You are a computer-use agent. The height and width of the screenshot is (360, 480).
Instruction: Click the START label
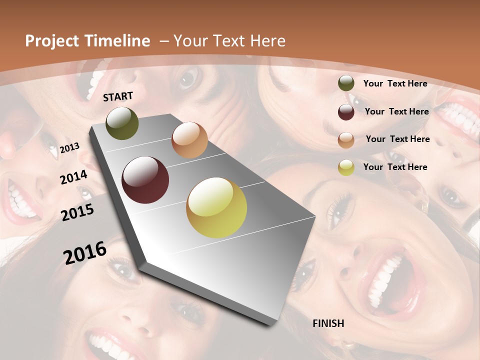[x=118, y=96]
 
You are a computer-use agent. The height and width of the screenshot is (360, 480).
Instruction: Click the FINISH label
[x=328, y=323]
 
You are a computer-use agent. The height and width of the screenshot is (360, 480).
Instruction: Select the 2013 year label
[x=69, y=148]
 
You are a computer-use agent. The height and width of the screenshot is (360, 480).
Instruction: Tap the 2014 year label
[x=73, y=177]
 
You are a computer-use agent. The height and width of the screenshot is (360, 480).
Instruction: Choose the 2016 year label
[x=84, y=253]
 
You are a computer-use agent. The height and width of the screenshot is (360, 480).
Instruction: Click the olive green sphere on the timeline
[x=122, y=123]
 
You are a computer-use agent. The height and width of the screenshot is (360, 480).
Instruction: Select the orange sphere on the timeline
[x=189, y=140]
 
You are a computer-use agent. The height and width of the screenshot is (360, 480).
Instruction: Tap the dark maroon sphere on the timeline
[x=145, y=180]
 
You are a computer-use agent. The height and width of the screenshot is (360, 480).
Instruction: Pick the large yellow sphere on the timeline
[x=216, y=207]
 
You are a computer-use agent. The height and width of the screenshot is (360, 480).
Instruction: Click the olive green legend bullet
[x=346, y=83]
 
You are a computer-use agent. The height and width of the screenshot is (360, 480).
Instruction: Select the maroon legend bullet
[x=346, y=111]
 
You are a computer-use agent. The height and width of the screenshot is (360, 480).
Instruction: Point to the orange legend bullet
[x=346, y=139]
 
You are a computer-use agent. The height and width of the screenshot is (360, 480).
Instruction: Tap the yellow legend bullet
[x=346, y=167]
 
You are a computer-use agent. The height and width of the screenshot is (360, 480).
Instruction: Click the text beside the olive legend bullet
[x=395, y=83]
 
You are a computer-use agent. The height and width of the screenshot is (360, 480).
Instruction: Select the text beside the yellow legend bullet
[x=395, y=167]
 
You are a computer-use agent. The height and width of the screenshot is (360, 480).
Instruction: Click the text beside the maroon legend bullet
[x=396, y=111]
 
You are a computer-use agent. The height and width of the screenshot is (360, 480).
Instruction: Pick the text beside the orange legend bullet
[x=397, y=139]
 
